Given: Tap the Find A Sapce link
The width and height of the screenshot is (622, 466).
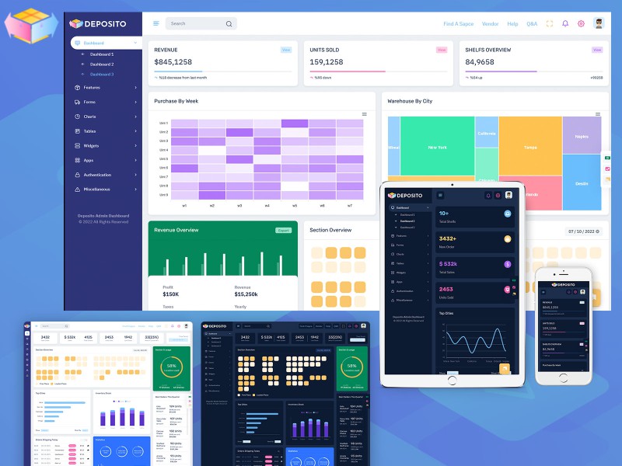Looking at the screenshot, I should pyautogui.click(x=459, y=24).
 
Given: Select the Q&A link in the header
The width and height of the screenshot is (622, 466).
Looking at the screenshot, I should pyautogui.click(x=532, y=24).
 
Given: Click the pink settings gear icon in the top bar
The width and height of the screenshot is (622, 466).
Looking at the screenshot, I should pyautogui.click(x=581, y=24).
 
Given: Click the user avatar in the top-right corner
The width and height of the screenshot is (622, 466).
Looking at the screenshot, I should pyautogui.click(x=597, y=23).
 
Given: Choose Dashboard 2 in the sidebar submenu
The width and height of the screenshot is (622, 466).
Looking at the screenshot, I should pyautogui.click(x=102, y=64).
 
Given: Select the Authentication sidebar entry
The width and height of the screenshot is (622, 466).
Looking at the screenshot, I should pyautogui.click(x=97, y=175).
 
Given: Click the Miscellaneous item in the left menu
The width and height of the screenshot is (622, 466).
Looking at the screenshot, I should pyautogui.click(x=96, y=190).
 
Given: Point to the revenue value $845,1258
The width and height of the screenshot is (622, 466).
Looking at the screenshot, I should pyautogui.click(x=173, y=62).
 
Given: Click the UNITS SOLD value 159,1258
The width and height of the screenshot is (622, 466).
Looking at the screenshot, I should pyautogui.click(x=326, y=62).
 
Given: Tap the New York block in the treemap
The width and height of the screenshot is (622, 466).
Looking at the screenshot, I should pyautogui.click(x=437, y=148).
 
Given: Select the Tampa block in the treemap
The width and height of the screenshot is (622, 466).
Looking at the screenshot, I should pyautogui.click(x=530, y=148).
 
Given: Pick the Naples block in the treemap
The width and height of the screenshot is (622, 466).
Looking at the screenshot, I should pyautogui.click(x=581, y=137).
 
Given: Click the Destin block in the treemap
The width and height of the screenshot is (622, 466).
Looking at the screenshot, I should pyautogui.click(x=582, y=183).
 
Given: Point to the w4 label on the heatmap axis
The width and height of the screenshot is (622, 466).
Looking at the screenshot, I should pyautogui.click(x=267, y=206).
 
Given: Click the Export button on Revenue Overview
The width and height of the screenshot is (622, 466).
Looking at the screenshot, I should pyautogui.click(x=283, y=230).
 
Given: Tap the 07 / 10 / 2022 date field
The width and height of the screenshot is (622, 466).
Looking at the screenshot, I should pyautogui.click(x=582, y=231).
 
